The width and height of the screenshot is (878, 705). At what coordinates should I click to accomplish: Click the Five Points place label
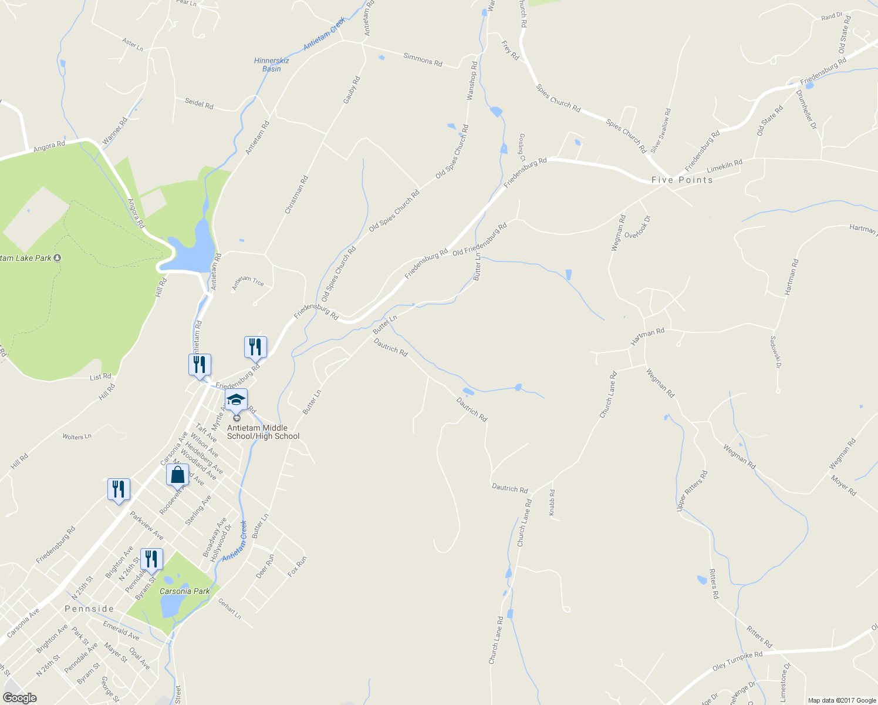[682, 180]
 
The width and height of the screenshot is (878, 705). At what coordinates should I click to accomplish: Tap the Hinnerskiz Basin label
[271, 65]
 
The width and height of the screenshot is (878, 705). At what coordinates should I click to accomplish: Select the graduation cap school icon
[237, 401]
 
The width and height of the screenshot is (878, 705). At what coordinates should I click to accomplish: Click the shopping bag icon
[177, 474]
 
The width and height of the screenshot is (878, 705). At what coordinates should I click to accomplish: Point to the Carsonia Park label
[184, 591]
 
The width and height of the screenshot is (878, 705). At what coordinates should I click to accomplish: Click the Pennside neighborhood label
[89, 609]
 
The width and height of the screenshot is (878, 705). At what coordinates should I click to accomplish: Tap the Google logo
[19, 698]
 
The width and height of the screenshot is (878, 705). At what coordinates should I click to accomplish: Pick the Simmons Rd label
[423, 60]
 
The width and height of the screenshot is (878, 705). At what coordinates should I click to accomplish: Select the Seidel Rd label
[199, 104]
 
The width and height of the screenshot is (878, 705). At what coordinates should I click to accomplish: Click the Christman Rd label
[296, 194]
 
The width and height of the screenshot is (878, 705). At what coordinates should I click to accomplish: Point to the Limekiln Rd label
[725, 166]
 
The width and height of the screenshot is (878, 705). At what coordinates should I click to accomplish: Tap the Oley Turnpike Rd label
[737, 660]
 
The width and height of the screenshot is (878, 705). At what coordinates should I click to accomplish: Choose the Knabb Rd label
[552, 503]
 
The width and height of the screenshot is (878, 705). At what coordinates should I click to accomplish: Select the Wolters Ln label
[77, 437]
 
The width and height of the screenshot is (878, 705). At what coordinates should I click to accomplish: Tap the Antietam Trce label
[248, 283]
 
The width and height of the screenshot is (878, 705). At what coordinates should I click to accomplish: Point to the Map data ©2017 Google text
[842, 700]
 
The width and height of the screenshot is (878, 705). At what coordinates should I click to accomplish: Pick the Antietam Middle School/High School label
[263, 432]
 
